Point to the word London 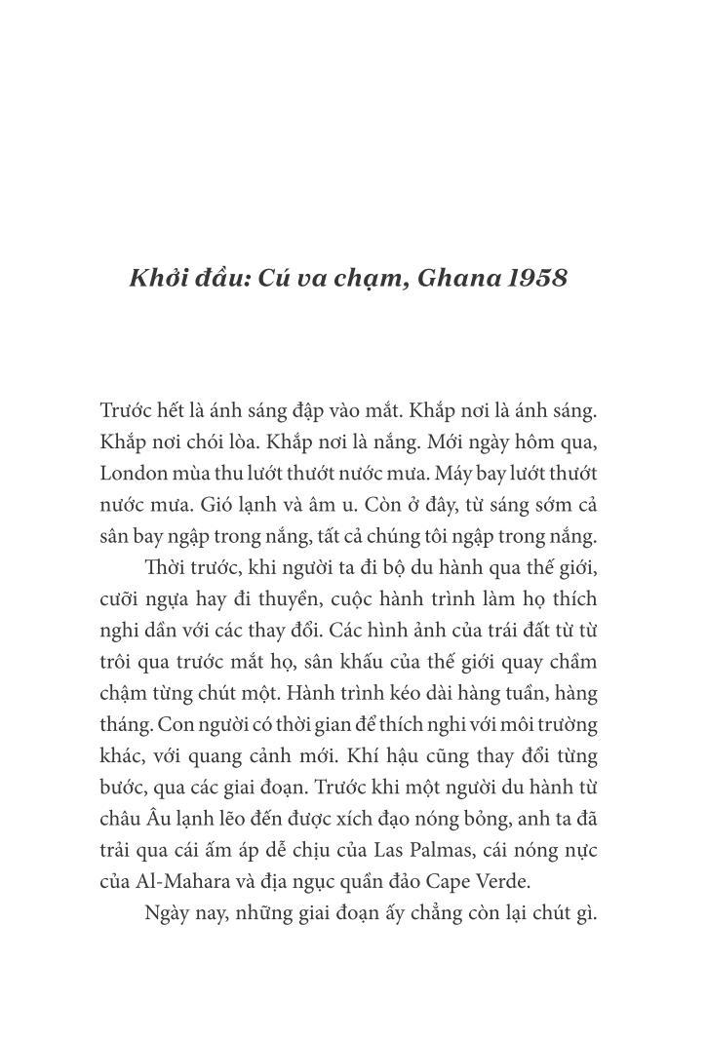tap(136, 474)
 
